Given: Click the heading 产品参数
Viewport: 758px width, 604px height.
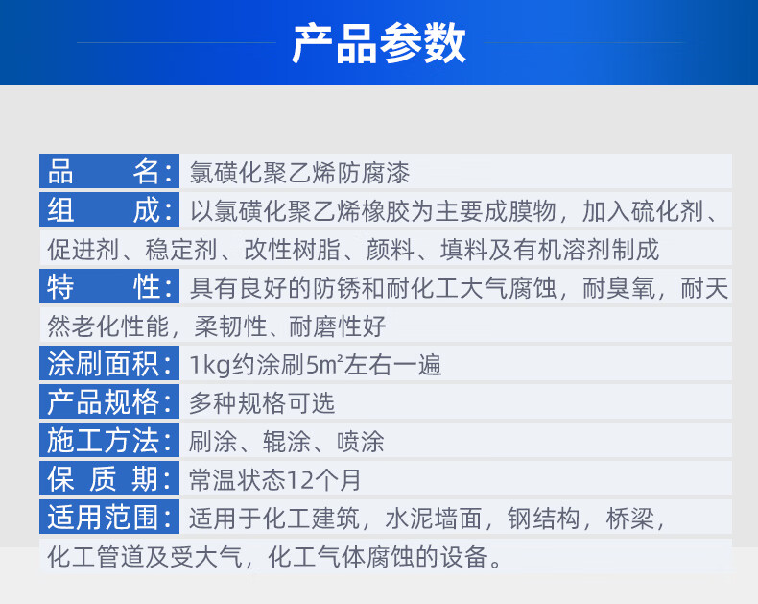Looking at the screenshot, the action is (378, 43).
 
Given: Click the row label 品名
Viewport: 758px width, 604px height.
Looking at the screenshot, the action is (109, 171).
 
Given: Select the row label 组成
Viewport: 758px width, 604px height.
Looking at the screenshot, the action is (109, 210).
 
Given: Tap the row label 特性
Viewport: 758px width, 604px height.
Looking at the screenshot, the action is (109, 286).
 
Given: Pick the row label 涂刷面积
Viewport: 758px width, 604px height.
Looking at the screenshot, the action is (109, 364).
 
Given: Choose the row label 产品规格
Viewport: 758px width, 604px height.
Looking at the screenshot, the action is (109, 402).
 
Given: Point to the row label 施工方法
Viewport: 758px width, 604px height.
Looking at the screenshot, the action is (109, 441).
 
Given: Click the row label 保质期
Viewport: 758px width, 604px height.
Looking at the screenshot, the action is (109, 478).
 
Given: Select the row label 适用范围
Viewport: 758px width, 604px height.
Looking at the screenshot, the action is (109, 517).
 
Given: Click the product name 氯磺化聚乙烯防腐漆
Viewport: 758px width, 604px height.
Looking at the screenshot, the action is (299, 173).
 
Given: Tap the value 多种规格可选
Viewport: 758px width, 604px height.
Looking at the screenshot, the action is (262, 403).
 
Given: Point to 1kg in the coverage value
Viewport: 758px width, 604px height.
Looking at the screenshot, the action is (210, 366).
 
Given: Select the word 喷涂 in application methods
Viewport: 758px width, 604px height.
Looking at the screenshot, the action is (361, 442).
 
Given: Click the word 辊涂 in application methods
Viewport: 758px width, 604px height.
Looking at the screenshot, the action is (287, 442).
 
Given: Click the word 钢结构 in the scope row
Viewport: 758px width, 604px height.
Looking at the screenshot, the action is (544, 519).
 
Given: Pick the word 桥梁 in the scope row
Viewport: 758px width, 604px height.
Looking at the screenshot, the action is (629, 519).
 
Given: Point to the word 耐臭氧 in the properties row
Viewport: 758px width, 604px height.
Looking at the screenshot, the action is (619, 288).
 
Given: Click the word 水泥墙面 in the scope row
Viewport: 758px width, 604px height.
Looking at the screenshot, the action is (434, 519).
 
